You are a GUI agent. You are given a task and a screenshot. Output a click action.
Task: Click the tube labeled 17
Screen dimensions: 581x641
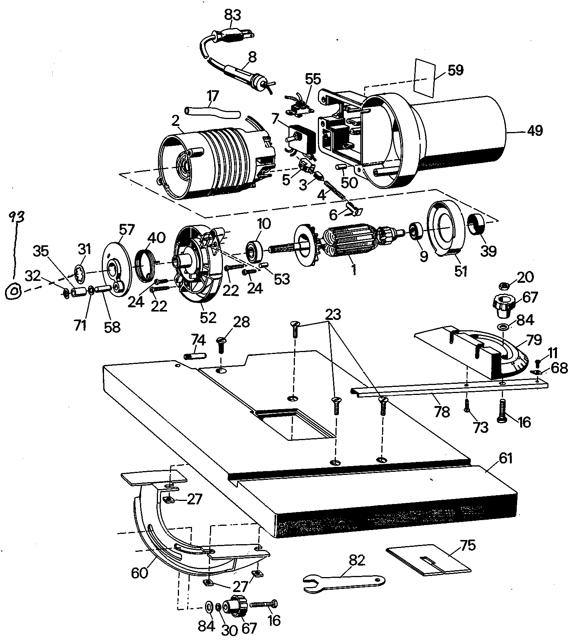click(212, 113)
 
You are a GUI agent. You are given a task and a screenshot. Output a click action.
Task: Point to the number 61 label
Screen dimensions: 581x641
click(505, 458)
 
